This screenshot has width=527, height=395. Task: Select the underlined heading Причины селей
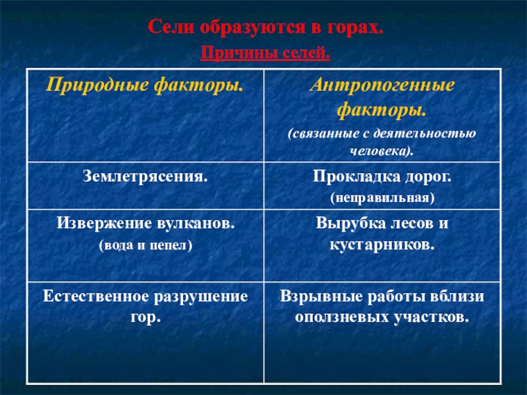[265, 53]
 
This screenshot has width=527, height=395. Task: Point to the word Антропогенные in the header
[382, 86]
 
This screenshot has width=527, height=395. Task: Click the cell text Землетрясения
[145, 176]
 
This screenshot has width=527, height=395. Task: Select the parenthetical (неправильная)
[382, 197]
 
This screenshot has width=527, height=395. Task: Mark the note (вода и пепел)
[146, 245]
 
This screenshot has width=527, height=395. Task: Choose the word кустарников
[382, 245]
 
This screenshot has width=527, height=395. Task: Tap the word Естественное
[96, 296]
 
